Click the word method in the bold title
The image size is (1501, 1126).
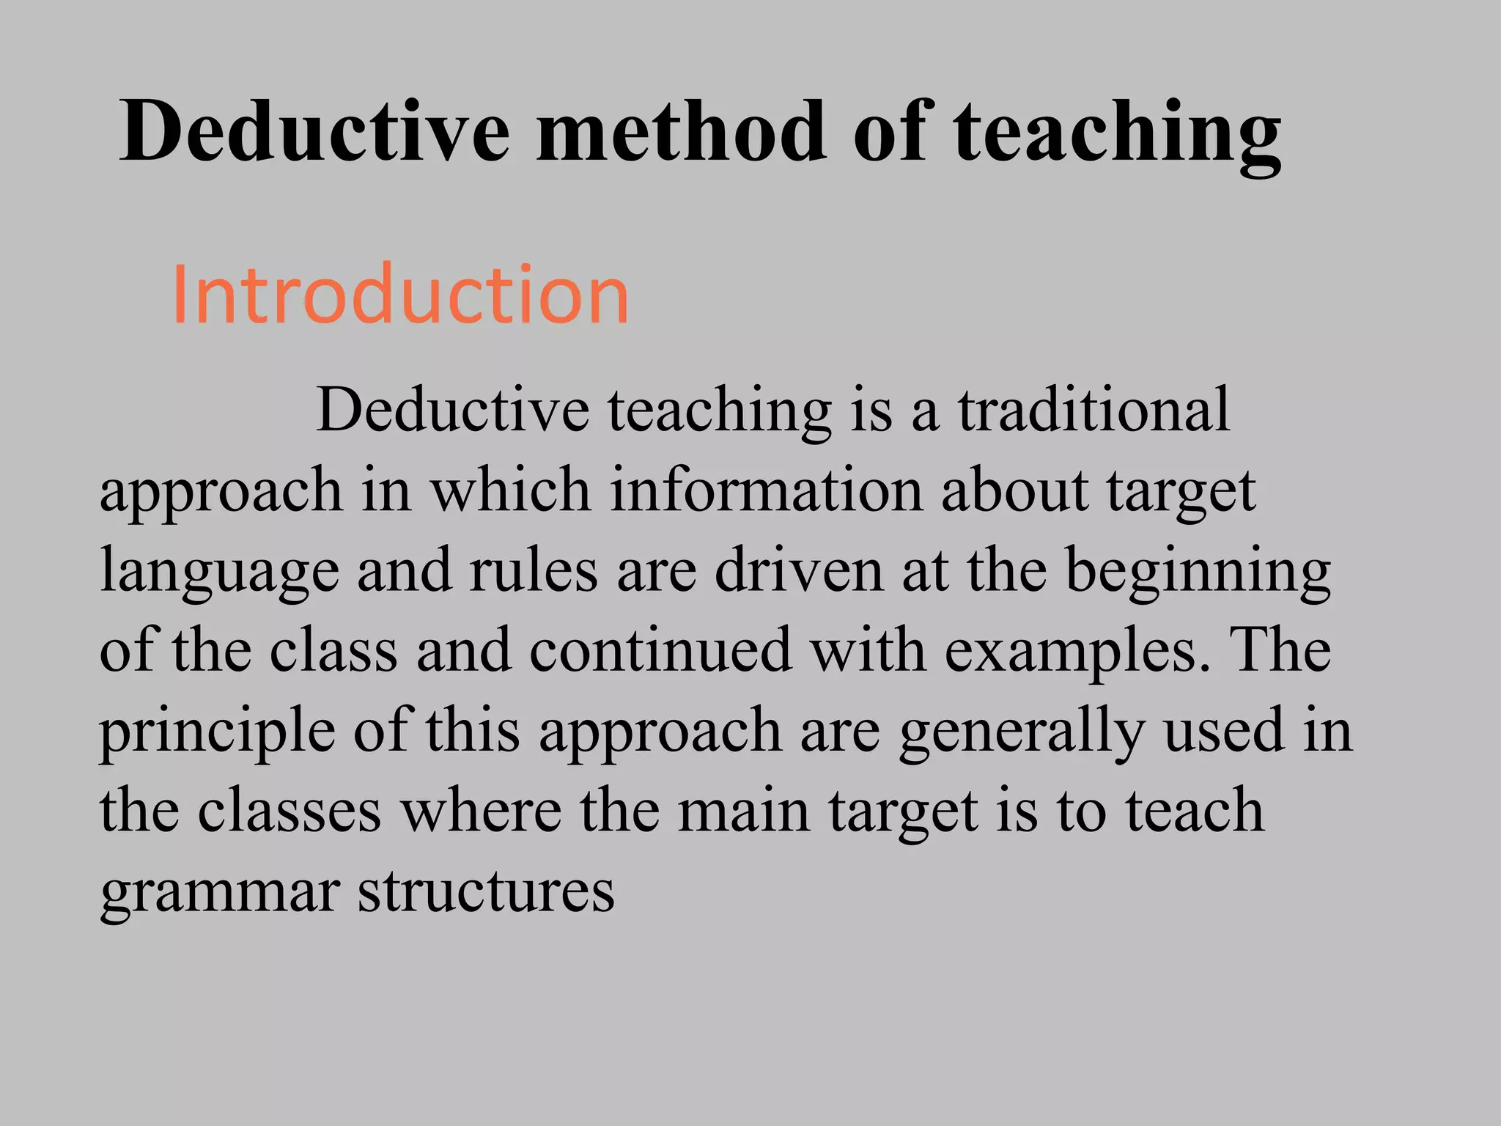(682, 132)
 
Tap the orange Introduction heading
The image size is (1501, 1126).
(401, 295)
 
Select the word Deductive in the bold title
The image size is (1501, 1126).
(314, 132)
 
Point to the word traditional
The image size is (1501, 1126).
(1094, 411)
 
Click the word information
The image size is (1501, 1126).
(766, 490)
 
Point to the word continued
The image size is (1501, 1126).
(660, 650)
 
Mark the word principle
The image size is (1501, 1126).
(217, 732)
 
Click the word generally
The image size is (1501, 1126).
(1020, 732)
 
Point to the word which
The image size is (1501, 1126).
(510, 490)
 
